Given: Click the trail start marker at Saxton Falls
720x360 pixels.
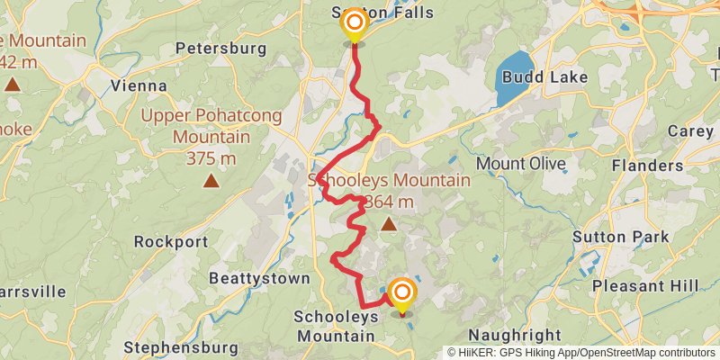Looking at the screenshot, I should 355,23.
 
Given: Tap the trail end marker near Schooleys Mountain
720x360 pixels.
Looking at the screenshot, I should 401,293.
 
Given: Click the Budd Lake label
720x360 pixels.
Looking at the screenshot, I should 545,77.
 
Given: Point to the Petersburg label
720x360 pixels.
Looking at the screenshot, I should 221,47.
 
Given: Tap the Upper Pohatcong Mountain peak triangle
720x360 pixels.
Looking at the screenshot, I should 211,180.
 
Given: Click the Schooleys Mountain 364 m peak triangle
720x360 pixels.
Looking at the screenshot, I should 388,223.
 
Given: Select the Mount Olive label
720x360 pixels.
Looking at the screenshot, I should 521,164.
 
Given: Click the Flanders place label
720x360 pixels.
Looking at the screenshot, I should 647,166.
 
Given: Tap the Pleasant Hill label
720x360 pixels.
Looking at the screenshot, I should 645,286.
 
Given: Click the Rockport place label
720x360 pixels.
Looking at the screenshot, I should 171,242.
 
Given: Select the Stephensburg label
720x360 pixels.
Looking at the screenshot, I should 181,347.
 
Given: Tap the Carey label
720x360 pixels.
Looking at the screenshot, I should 689,131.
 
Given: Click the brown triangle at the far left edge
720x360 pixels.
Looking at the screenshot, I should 12,85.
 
